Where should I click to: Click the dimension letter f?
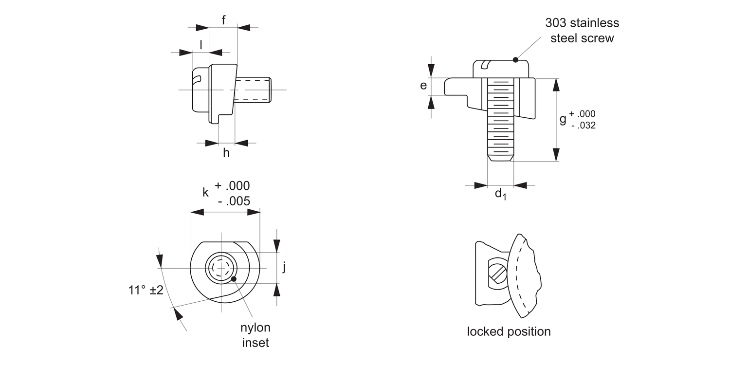tap(223, 20)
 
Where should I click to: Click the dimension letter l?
tap(201, 45)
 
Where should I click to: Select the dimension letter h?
tap(226, 153)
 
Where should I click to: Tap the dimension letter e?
tap(423, 86)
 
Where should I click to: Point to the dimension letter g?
tap(563, 119)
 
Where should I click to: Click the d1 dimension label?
tap(500, 194)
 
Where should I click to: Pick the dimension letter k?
tap(205, 192)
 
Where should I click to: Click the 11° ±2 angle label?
tap(146, 290)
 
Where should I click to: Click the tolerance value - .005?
tap(234, 201)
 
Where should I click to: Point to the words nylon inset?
tap(255, 335)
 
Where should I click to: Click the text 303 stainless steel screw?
tap(582, 30)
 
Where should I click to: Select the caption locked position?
tap(509, 331)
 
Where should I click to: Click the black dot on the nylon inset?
tap(234, 279)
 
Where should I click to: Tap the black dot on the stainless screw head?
tap(515, 60)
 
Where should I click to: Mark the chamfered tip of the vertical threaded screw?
tap(500, 157)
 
